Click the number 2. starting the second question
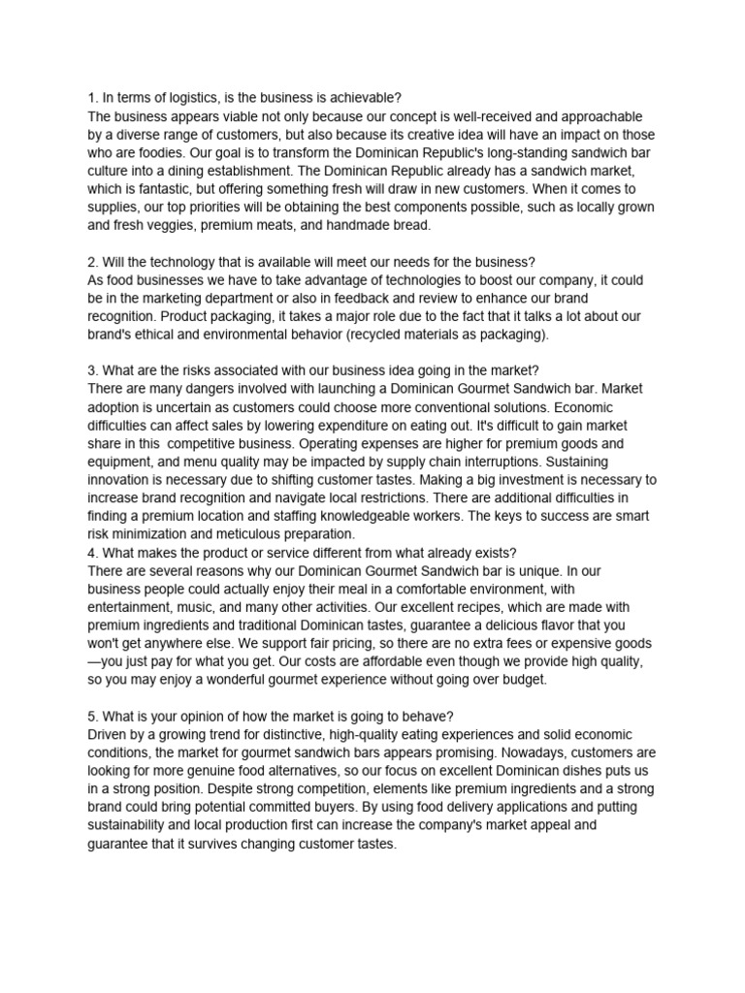(x=94, y=262)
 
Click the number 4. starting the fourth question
(x=94, y=552)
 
